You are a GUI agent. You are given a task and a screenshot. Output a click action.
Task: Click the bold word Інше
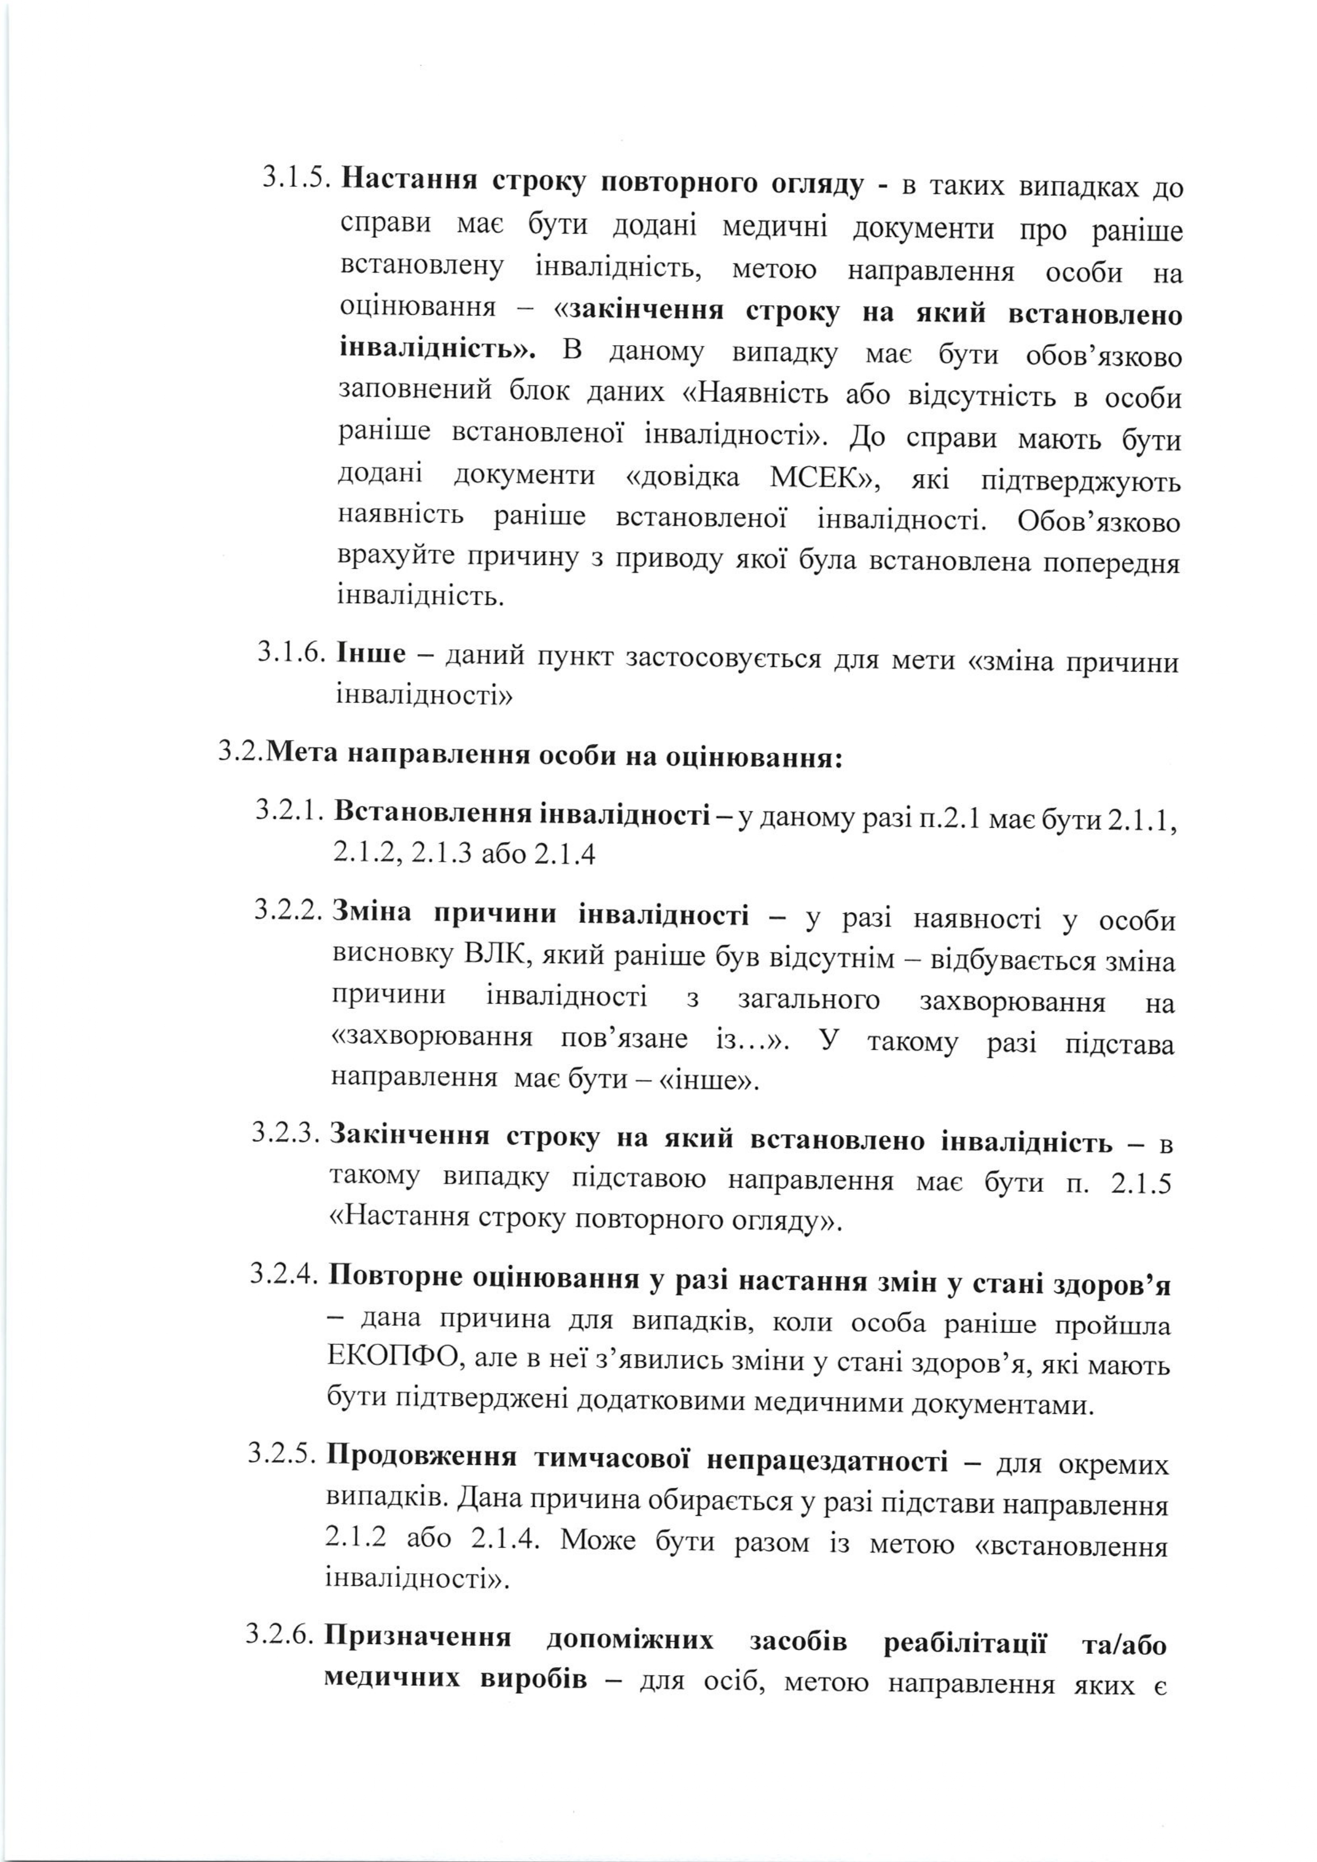(x=371, y=654)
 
